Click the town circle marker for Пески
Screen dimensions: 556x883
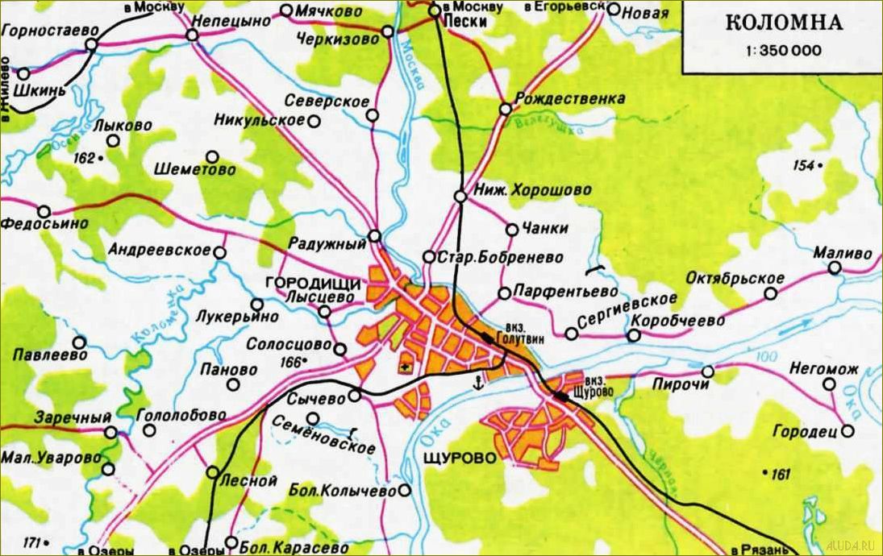[x=434, y=10]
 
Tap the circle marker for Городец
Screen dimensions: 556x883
[x=847, y=432]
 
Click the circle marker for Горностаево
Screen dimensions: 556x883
[x=91, y=45]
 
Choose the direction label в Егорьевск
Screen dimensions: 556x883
[x=564, y=8]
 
